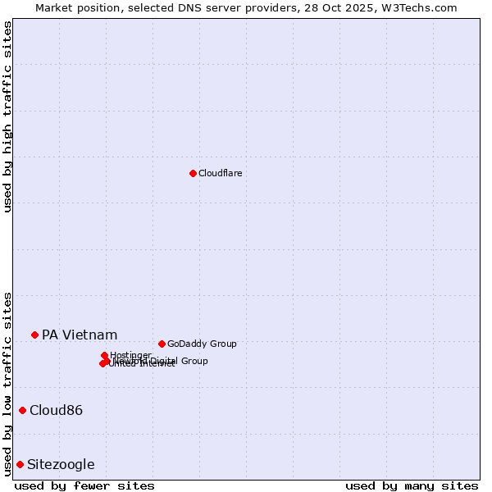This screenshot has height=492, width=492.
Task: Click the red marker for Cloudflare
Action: click(x=193, y=173)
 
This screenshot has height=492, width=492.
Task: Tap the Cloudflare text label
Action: click(x=220, y=173)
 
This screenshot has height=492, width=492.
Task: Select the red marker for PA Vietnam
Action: click(x=34, y=335)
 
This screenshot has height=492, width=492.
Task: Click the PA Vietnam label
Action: click(x=80, y=335)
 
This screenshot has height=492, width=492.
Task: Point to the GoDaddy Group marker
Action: click(x=162, y=344)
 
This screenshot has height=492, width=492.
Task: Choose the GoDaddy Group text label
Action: click(x=202, y=344)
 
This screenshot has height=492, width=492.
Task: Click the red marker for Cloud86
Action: click(x=22, y=410)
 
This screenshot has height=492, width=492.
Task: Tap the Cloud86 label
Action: click(x=56, y=410)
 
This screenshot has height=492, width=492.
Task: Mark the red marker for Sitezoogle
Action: click(x=20, y=464)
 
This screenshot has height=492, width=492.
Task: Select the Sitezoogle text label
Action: click(x=61, y=464)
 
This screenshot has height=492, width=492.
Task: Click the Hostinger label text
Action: click(x=130, y=355)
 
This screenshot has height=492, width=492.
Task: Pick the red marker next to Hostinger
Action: click(x=104, y=355)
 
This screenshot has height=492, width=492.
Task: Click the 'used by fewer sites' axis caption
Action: click(x=84, y=485)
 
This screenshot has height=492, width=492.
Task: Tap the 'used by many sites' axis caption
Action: click(x=412, y=485)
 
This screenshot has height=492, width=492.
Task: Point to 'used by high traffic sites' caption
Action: click(x=7, y=116)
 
